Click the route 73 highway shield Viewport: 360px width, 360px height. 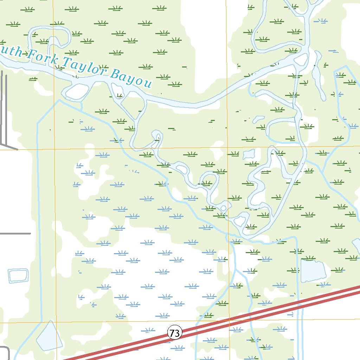click(175, 332)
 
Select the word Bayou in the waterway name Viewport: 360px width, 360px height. click(132, 78)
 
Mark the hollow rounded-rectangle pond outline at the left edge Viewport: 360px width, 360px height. click(18, 275)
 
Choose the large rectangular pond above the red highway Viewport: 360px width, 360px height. click(313, 271)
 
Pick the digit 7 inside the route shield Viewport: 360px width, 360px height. click(172, 332)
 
